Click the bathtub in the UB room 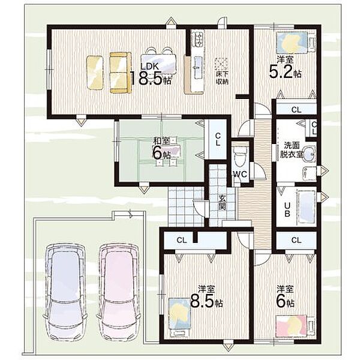coord(306,207)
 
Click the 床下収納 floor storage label coord(222,78)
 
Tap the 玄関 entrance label coord(222,203)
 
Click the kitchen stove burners coord(198,38)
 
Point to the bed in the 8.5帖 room coord(180,317)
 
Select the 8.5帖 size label coord(206,301)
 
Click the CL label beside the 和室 coord(218,139)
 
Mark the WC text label coord(240,174)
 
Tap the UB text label coord(287,209)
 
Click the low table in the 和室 coord(167,149)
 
